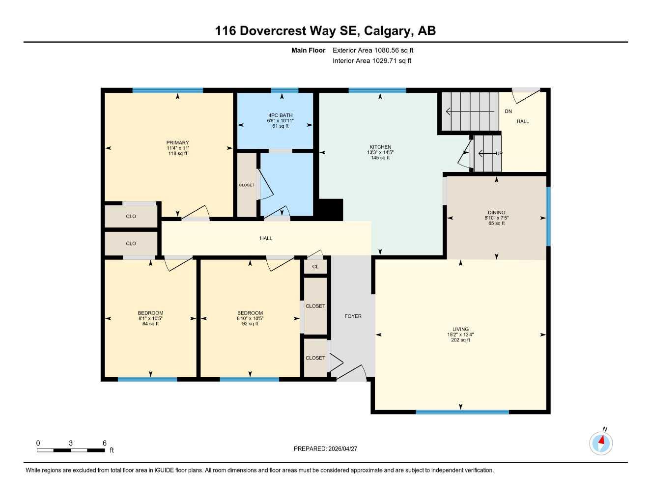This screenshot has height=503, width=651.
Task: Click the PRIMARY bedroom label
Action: click(x=177, y=143)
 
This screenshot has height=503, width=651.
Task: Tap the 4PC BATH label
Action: click(x=280, y=115)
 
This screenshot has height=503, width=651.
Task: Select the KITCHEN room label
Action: click(x=380, y=147)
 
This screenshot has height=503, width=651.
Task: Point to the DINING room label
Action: click(x=496, y=213)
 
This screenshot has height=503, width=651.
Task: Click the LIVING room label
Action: click(x=460, y=329)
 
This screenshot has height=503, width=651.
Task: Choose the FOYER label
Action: click(x=353, y=316)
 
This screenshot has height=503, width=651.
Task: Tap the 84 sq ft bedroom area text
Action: click(x=150, y=324)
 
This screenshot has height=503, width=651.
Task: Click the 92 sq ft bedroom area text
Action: click(x=250, y=324)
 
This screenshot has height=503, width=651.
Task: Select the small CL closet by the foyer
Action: click(x=315, y=267)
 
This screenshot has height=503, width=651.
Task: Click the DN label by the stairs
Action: click(x=509, y=112)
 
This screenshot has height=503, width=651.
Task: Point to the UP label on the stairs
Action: click(x=499, y=154)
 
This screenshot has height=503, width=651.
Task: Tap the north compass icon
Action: click(x=601, y=443)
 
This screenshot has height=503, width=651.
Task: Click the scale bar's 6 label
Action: click(x=105, y=443)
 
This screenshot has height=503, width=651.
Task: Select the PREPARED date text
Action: click(x=325, y=448)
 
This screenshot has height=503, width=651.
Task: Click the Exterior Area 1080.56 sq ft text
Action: click(x=373, y=50)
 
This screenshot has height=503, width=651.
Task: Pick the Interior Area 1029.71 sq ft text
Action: click(x=372, y=61)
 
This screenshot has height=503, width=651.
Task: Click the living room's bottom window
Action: click(x=462, y=412)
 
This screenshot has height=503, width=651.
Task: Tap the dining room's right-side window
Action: click(x=548, y=216)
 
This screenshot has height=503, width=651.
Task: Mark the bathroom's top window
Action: click(x=284, y=90)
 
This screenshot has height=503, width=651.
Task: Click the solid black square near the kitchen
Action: click(x=330, y=210)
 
